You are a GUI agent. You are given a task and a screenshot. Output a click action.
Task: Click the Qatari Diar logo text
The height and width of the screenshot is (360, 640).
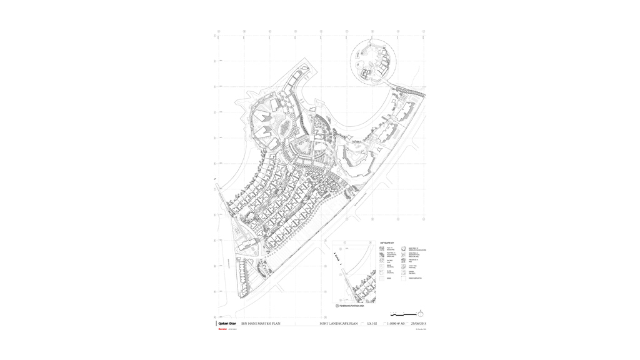[226, 323]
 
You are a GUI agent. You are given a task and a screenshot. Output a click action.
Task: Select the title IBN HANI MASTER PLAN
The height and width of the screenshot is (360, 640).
[261, 324]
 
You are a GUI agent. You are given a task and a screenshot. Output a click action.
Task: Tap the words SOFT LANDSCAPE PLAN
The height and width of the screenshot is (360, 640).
[338, 324]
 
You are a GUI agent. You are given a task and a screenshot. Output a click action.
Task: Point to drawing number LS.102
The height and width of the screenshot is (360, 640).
[372, 324]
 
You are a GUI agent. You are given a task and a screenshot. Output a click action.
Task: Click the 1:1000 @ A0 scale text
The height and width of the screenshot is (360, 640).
[396, 324]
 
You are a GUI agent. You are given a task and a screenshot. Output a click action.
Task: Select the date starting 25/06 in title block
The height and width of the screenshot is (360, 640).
[418, 324]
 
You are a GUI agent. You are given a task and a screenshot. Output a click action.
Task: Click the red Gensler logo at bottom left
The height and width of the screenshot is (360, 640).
[222, 329]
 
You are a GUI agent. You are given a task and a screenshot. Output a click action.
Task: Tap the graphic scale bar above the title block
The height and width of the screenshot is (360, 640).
[403, 314]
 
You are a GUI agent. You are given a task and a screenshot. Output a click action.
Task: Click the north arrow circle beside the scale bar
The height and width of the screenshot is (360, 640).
[421, 313]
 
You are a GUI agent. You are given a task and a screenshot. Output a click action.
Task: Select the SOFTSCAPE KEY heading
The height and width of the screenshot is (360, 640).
[387, 242]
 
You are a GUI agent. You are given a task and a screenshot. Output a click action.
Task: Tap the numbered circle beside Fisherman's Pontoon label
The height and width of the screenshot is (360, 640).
[337, 306]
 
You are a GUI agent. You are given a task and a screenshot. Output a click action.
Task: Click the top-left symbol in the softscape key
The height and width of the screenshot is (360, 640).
[382, 249]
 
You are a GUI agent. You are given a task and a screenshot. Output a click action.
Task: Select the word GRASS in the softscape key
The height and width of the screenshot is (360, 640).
[389, 279]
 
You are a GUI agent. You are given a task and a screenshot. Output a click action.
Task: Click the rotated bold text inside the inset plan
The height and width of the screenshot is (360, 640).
[336, 257]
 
